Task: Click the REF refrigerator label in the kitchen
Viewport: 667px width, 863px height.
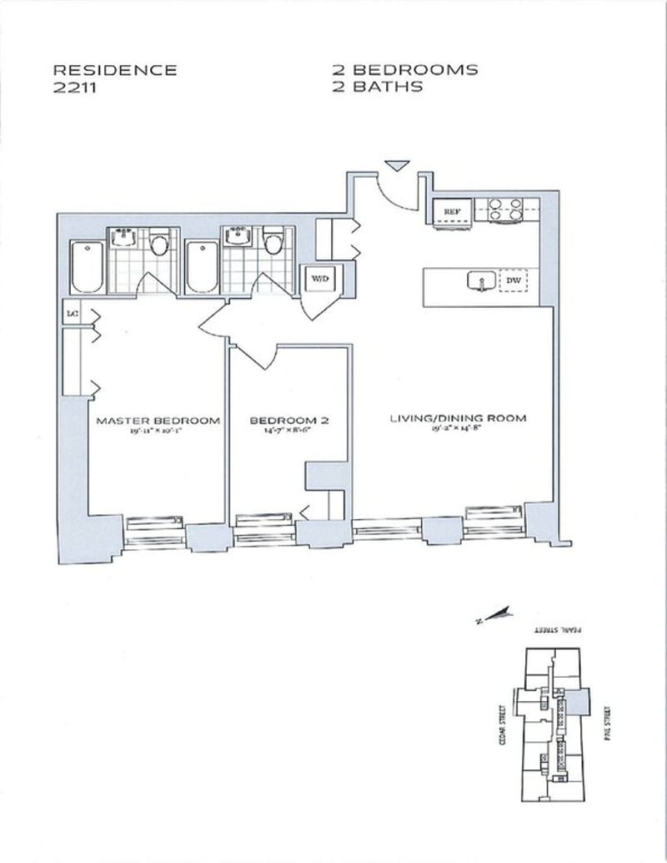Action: tap(451, 212)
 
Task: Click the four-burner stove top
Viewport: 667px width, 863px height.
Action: tap(505, 209)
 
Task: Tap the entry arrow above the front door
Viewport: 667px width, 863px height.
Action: tap(398, 165)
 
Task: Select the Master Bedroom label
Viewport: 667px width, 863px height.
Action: tap(158, 421)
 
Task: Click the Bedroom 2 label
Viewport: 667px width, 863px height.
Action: tap(289, 421)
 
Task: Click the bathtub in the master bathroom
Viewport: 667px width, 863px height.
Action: tap(86, 266)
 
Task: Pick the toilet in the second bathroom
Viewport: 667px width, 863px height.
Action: tap(271, 245)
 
